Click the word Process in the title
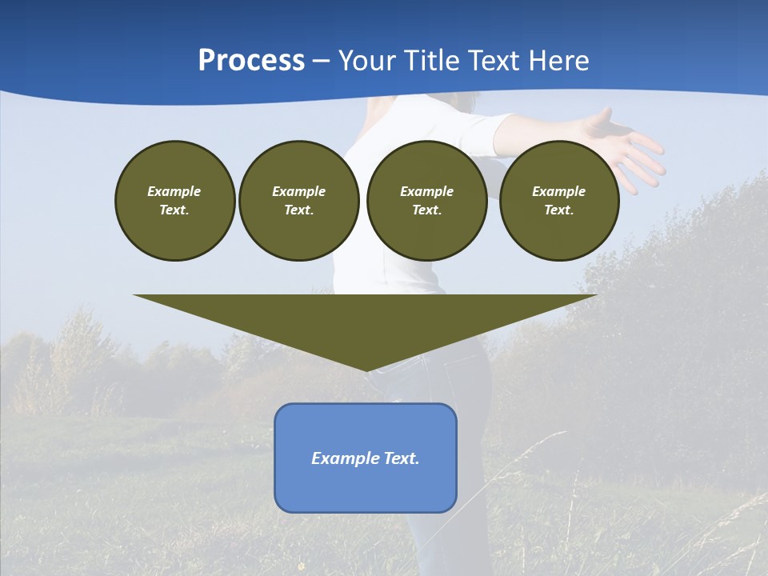tap(251, 61)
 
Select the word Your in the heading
tap(368, 61)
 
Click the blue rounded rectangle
tap(366, 488)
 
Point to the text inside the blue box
tap(366, 458)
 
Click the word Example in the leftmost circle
tap(174, 191)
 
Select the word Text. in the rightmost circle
tap(558, 210)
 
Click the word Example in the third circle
tap(426, 191)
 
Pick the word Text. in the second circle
tap(298, 210)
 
